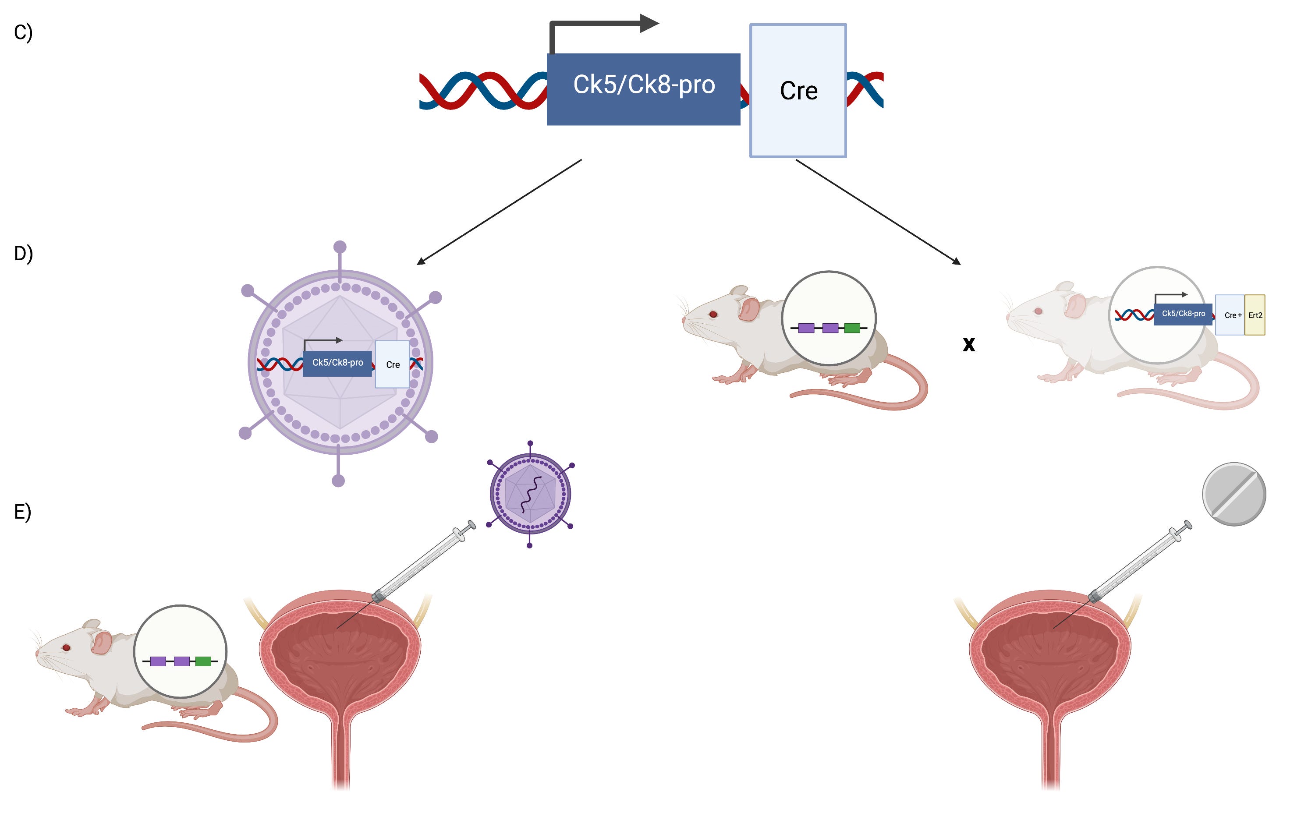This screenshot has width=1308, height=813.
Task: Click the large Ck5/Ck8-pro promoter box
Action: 643,89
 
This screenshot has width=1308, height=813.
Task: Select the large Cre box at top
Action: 798,90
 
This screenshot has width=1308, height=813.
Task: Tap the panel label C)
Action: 23,32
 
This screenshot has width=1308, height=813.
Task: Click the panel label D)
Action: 23,253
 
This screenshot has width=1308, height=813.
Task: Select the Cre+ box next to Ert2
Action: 1230,315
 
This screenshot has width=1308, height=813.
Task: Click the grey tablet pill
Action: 1234,494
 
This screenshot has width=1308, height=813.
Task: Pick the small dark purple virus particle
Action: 530,494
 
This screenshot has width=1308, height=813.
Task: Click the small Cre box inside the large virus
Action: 393,364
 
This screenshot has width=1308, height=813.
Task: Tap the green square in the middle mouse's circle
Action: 852,328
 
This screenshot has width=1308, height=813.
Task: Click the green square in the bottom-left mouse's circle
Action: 203,661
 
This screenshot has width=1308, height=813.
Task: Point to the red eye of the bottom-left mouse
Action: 66,647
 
